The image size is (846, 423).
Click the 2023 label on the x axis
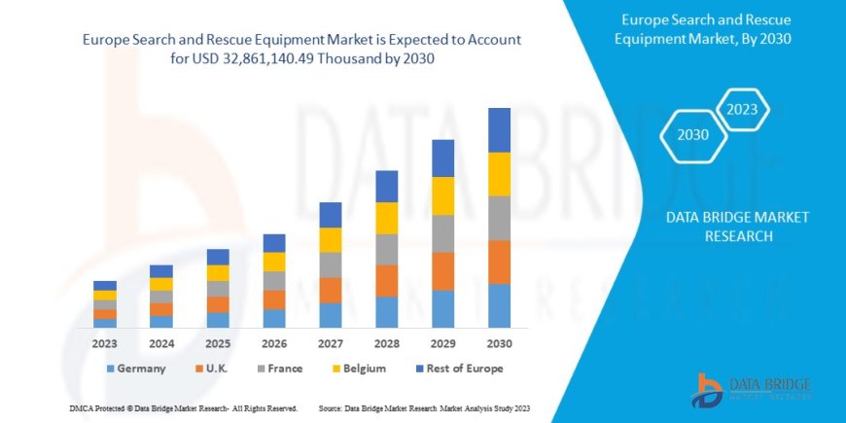[105, 343]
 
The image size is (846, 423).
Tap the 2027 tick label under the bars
[330, 343]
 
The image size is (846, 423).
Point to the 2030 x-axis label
[499, 343]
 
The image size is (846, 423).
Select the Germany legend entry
[135, 369]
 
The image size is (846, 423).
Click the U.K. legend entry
[217, 369]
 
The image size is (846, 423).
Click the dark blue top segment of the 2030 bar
[499, 129]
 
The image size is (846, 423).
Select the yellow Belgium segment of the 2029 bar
[442, 195]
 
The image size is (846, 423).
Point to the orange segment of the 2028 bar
[387, 280]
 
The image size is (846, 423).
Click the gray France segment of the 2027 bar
[331, 264]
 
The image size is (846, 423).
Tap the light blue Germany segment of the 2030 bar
[499, 305]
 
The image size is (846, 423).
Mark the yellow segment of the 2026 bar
[274, 262]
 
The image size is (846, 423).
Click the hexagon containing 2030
[692, 135]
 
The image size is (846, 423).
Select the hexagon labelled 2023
[742, 109]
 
